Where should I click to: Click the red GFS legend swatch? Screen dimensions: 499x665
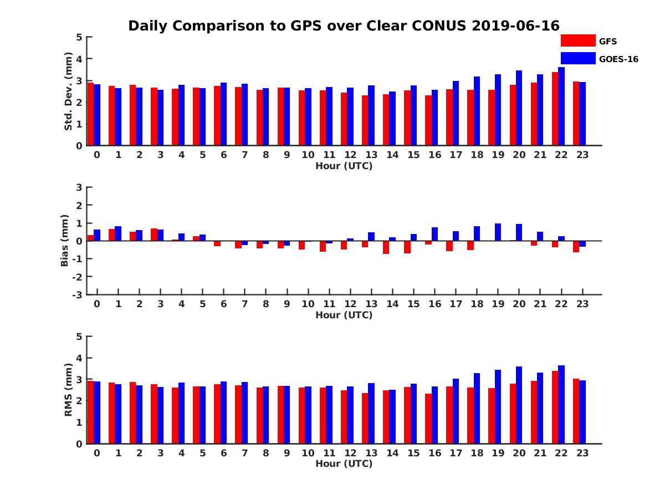[577, 40]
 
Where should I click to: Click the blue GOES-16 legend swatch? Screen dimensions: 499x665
[577, 58]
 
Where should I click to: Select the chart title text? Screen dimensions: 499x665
[344, 26]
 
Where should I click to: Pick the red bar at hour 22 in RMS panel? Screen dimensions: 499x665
[555, 408]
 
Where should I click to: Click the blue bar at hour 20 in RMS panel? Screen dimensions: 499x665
[519, 405]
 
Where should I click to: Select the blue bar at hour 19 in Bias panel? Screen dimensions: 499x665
[498, 232]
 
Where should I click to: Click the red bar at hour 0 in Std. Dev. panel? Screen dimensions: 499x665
[91, 114]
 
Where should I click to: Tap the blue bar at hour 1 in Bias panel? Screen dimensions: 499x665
[118, 233]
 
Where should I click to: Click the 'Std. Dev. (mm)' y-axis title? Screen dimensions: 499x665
[69, 91]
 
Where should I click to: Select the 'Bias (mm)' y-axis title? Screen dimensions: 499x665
[65, 241]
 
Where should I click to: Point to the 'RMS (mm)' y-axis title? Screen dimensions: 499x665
[69, 390]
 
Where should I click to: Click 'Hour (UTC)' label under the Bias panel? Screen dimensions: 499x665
[344, 315]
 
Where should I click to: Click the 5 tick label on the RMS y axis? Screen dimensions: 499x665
[78, 337]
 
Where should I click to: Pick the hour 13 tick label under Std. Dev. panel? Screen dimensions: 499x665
[371, 155]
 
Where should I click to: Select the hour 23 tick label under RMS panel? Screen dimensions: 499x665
[582, 453]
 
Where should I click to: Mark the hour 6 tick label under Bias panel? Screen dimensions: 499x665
[223, 304]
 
